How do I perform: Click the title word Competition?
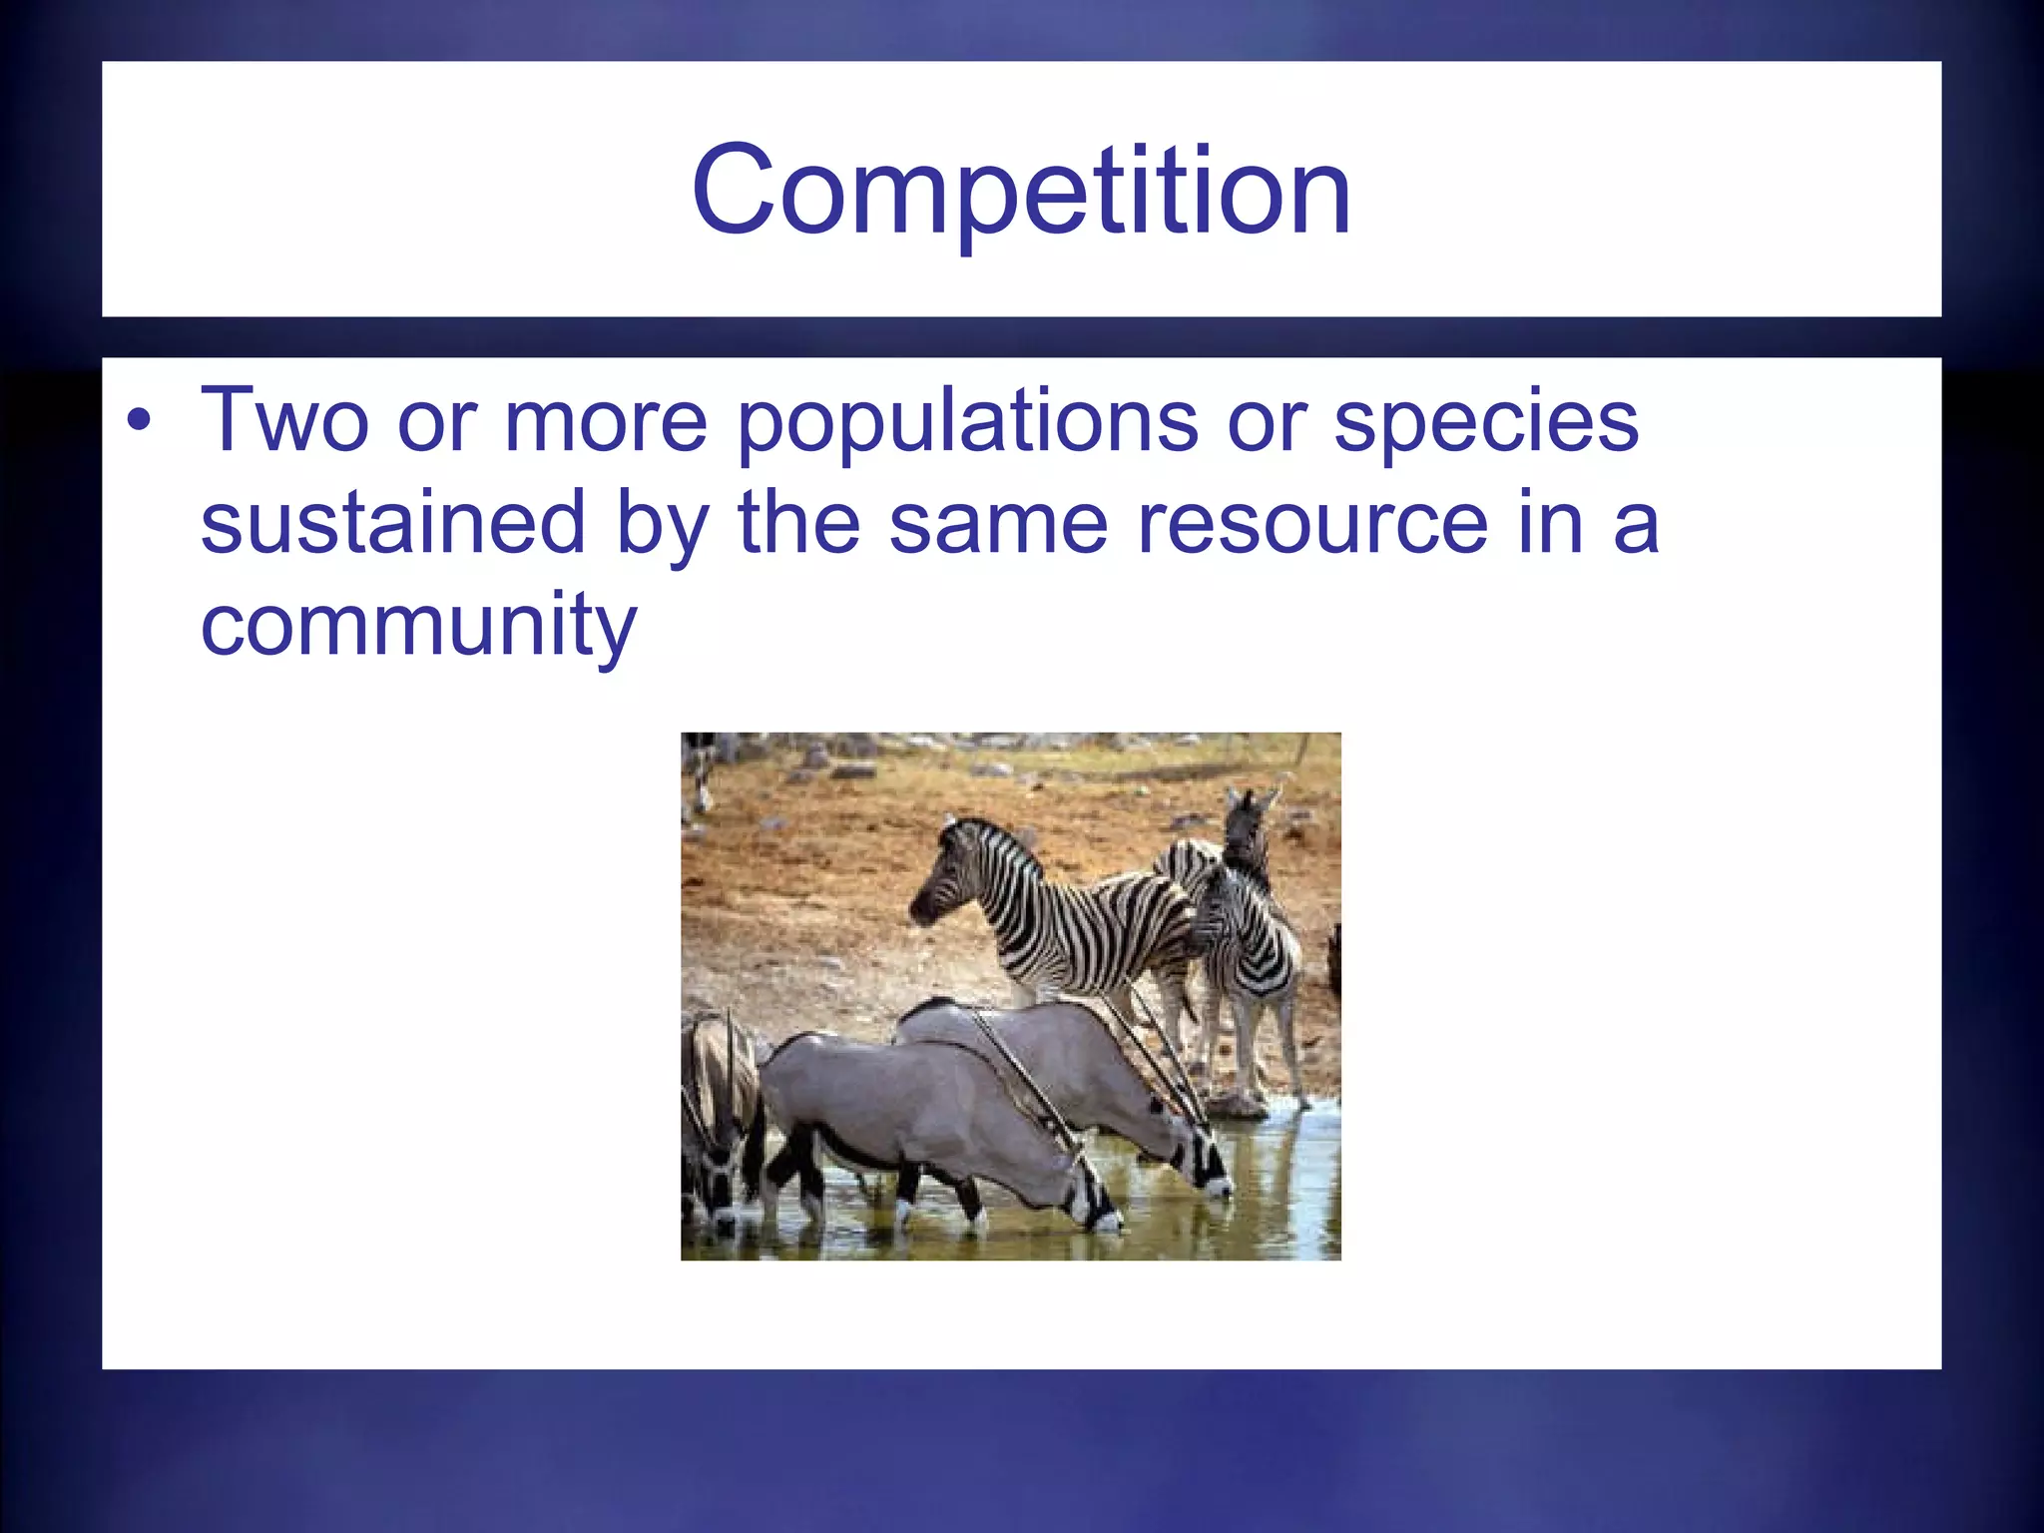1021,192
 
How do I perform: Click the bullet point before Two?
139,422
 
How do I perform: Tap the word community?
418,627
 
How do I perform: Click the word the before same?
798,523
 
